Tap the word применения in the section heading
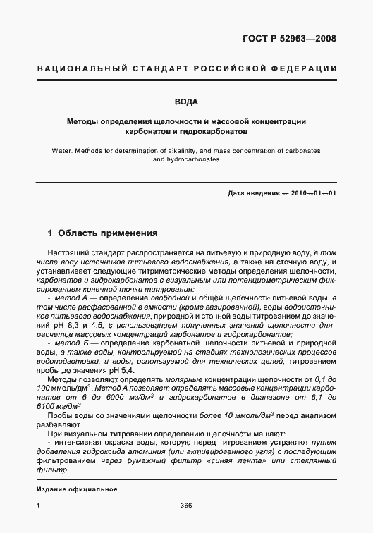pos(128,233)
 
